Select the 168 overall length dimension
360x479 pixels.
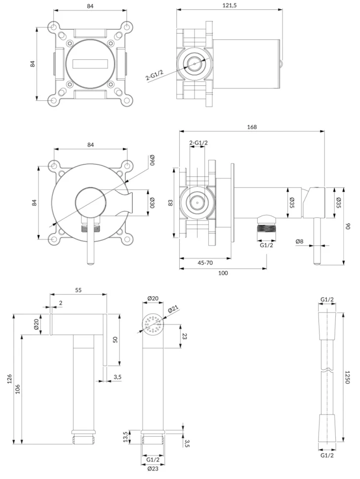point(252,127)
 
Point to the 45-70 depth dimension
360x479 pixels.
point(205,263)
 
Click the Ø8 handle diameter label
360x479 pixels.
point(299,241)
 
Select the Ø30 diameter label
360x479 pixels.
point(153,202)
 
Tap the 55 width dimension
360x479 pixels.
point(79,290)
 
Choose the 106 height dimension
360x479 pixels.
point(18,389)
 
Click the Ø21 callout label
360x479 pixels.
point(173,310)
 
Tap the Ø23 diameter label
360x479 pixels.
point(153,468)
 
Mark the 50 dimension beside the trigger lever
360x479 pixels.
point(115,339)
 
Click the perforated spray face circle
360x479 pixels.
point(153,324)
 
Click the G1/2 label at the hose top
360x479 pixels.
point(327,299)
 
